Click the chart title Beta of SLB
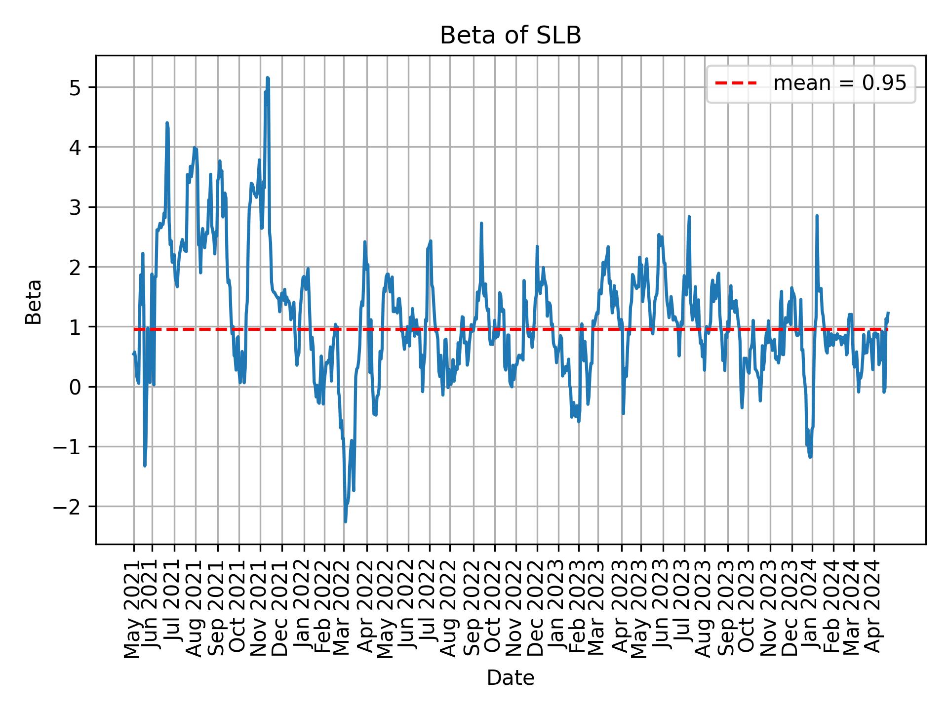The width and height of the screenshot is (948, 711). pos(510,36)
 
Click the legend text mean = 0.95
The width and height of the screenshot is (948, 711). pos(839,83)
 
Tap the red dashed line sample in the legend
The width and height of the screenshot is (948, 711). pos(736,83)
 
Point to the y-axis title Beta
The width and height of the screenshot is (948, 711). pos(34,302)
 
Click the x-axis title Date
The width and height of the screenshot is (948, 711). pos(510,678)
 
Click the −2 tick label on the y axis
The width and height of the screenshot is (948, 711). pos(70,507)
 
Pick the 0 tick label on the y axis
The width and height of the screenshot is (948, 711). pos(76,387)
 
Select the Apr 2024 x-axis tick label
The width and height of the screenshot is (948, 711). pos(874,608)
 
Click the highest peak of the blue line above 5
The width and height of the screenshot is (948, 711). pos(268,78)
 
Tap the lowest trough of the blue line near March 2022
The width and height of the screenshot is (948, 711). pos(345,521)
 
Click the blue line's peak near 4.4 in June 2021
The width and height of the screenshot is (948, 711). pos(167,123)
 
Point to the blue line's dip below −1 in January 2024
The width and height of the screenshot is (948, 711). pos(810,457)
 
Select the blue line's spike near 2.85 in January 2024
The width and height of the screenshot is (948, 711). pos(817,216)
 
